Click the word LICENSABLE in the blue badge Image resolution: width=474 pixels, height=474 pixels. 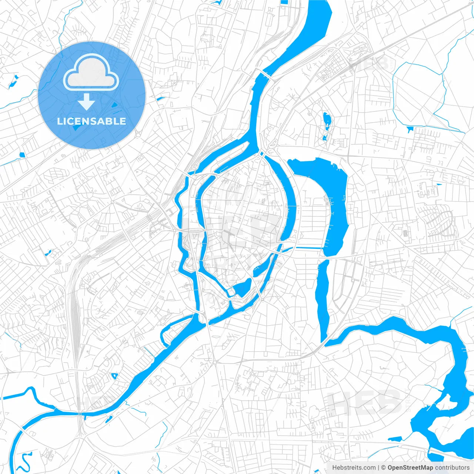pos(91,121)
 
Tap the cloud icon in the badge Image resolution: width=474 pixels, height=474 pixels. pos(91,73)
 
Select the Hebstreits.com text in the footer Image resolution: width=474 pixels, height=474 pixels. pos(354,468)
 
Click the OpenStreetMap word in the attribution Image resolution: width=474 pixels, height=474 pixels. pos(410,468)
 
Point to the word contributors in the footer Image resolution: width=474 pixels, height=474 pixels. pos(452,468)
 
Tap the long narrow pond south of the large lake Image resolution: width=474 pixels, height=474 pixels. pos(323,296)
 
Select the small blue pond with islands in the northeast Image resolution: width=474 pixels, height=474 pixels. pos(327,120)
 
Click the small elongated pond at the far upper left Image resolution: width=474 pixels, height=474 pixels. pos(13,81)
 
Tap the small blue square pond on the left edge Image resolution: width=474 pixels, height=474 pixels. pos(21,156)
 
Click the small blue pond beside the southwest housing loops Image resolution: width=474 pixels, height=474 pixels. pos(114,376)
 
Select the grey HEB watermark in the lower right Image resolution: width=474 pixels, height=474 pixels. pos(365,402)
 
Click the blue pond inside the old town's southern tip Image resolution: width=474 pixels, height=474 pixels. pos(243,287)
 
